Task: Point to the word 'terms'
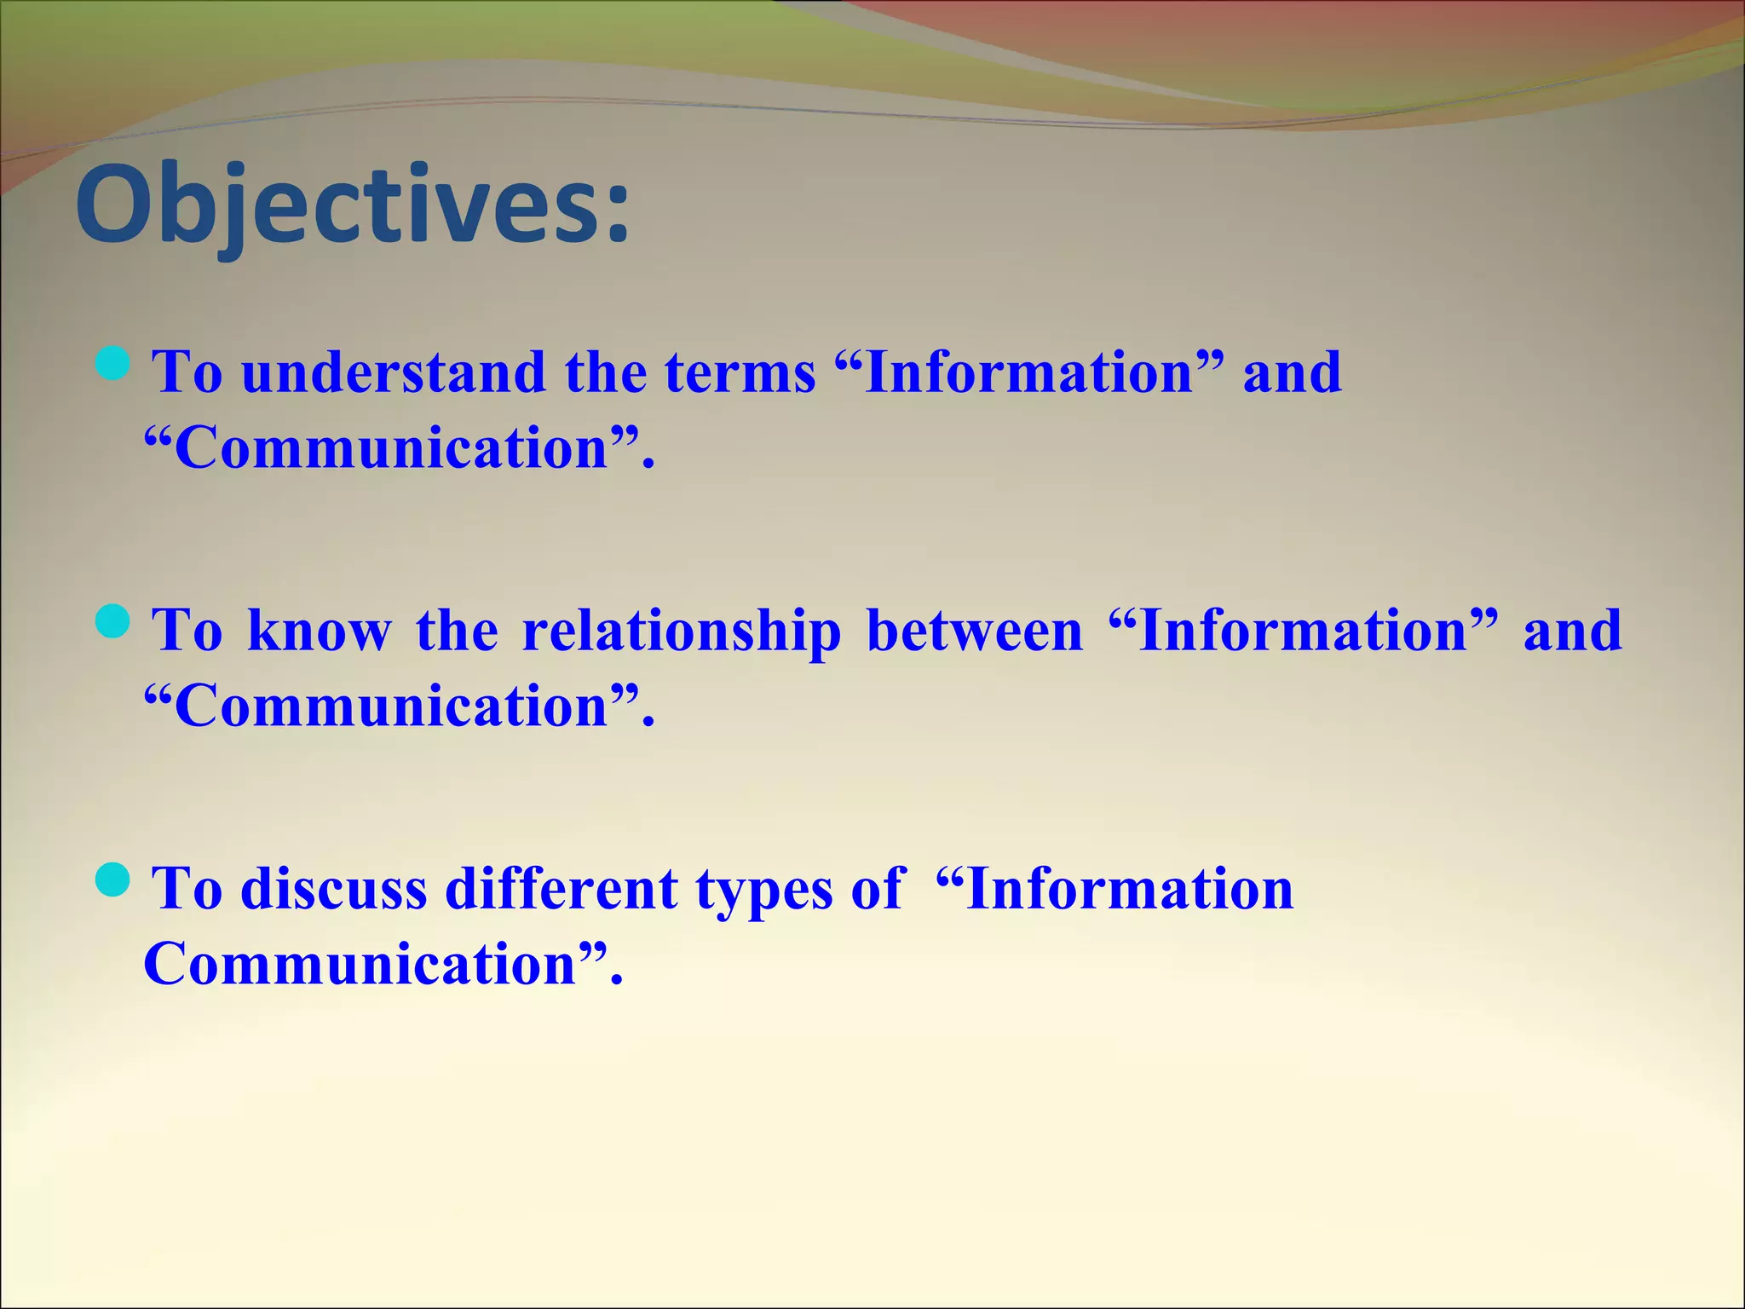[x=740, y=374]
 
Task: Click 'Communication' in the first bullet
[x=392, y=448]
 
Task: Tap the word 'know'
[x=320, y=631]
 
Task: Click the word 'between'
[x=974, y=631]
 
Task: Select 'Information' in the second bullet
[x=1303, y=631]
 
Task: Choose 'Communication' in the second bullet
[x=392, y=706]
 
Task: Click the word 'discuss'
[x=334, y=889]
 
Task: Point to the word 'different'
[x=562, y=889]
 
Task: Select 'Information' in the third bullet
[x=1129, y=889]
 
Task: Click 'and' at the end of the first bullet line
[x=1292, y=374]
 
